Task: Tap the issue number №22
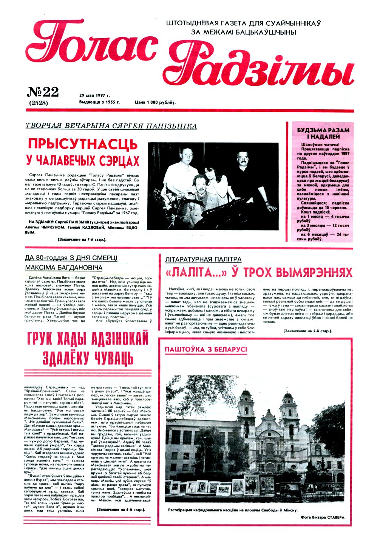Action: (43, 92)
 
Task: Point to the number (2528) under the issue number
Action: (38, 102)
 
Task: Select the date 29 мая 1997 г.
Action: (94, 95)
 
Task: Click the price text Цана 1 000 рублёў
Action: (155, 102)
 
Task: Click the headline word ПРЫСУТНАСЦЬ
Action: (83, 144)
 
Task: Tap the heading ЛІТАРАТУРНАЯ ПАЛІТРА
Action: (203, 259)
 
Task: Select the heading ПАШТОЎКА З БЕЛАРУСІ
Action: (206, 349)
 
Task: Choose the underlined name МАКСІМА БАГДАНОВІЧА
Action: (63, 268)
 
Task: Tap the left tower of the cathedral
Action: (246, 406)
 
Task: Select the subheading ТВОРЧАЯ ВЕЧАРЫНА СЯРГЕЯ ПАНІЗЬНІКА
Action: (111, 126)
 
